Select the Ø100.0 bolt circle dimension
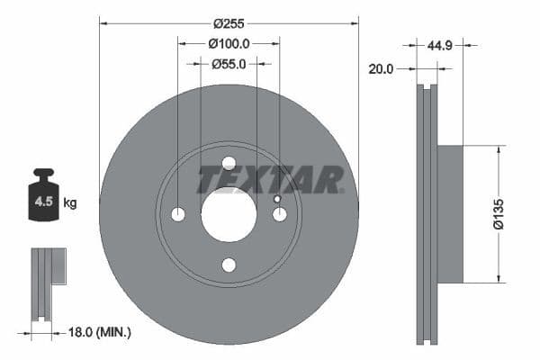pyautogui.click(x=229, y=42)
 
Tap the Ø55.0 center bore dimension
pyautogui.click(x=229, y=64)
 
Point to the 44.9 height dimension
pyautogui.click(x=441, y=42)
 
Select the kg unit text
pyautogui.click(x=70, y=203)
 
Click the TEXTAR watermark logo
pyautogui.click(x=270, y=180)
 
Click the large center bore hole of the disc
pyautogui.click(x=229, y=214)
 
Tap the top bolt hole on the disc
pyautogui.click(x=229, y=163)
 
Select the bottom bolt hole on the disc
pyautogui.click(x=229, y=265)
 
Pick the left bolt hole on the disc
pyautogui.click(x=178, y=214)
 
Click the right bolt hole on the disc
pyautogui.click(x=279, y=214)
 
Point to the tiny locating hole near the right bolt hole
pyautogui.click(x=277, y=200)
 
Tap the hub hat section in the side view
pyautogui.click(x=449, y=214)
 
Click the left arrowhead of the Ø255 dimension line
pyautogui.click(x=103, y=21)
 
